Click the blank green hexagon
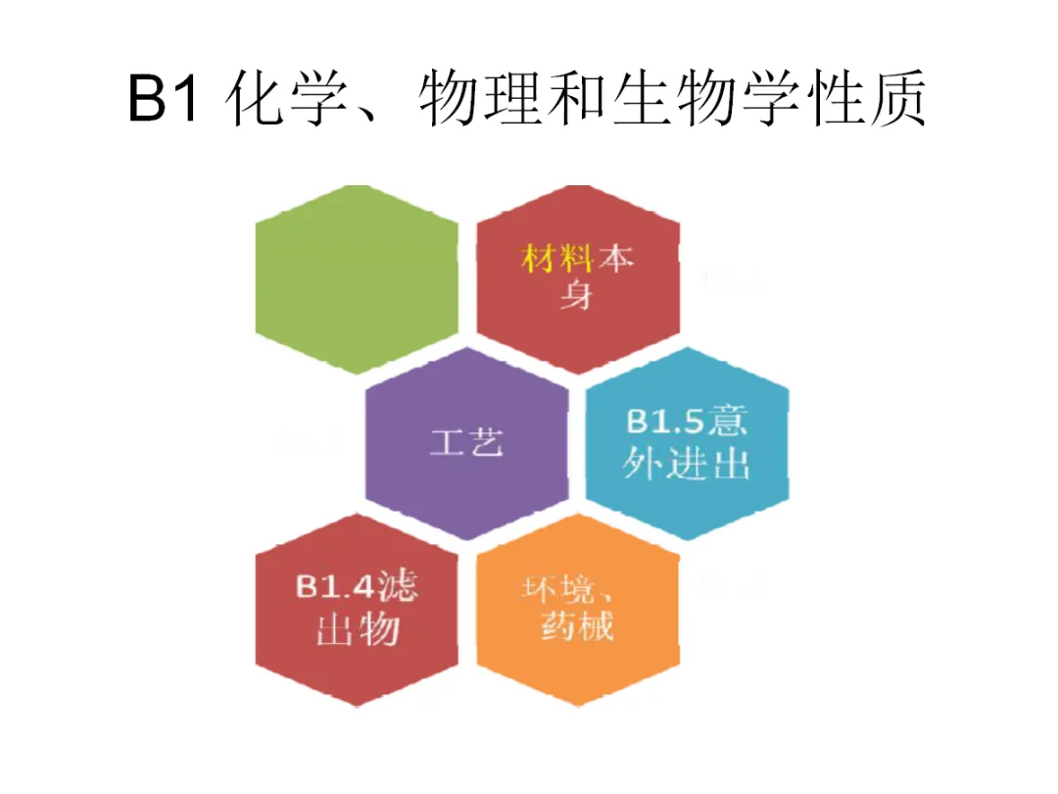pos(357,278)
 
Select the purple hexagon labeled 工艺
pos(466,442)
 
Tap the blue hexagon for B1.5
pos(687,442)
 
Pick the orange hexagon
pos(577,608)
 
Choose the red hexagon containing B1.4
pos(357,608)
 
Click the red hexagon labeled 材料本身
pos(577,278)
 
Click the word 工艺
pos(466,443)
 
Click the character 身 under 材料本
pos(577,295)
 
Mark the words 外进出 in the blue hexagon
pos(687,464)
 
